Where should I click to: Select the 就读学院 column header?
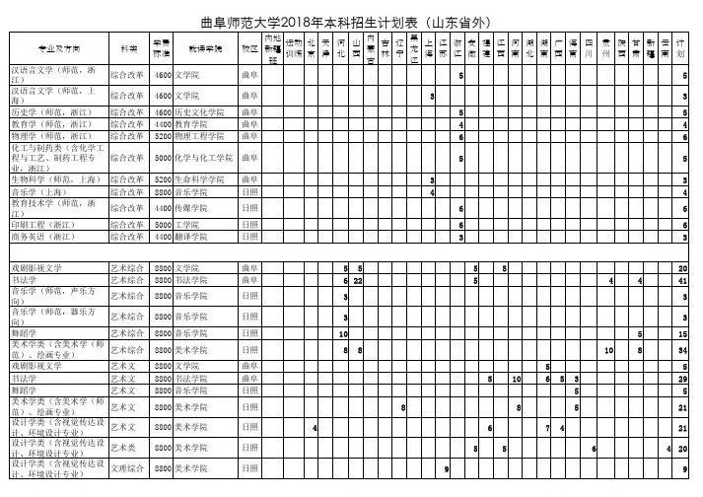click(x=205, y=47)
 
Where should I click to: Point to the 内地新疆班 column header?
click(x=272, y=47)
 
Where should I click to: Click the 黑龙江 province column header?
click(x=414, y=47)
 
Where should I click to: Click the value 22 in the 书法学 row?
click(x=358, y=281)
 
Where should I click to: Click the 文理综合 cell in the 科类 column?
click(x=126, y=468)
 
